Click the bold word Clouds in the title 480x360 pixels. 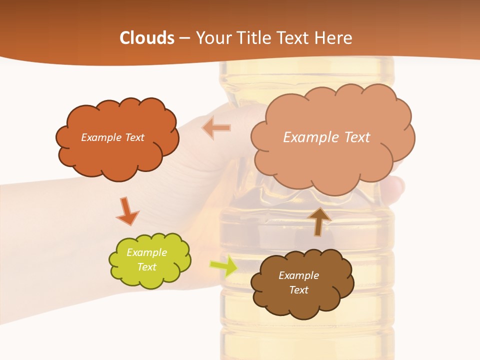click(147, 38)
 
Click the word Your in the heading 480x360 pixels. click(212, 38)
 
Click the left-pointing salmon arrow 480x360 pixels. click(216, 128)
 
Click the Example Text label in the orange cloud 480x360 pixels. click(112, 137)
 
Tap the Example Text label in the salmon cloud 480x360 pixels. click(326, 137)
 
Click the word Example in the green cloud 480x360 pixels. click(146, 252)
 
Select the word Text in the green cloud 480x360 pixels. click(147, 267)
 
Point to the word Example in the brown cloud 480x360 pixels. click(298, 275)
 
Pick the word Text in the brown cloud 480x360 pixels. click(299, 290)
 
